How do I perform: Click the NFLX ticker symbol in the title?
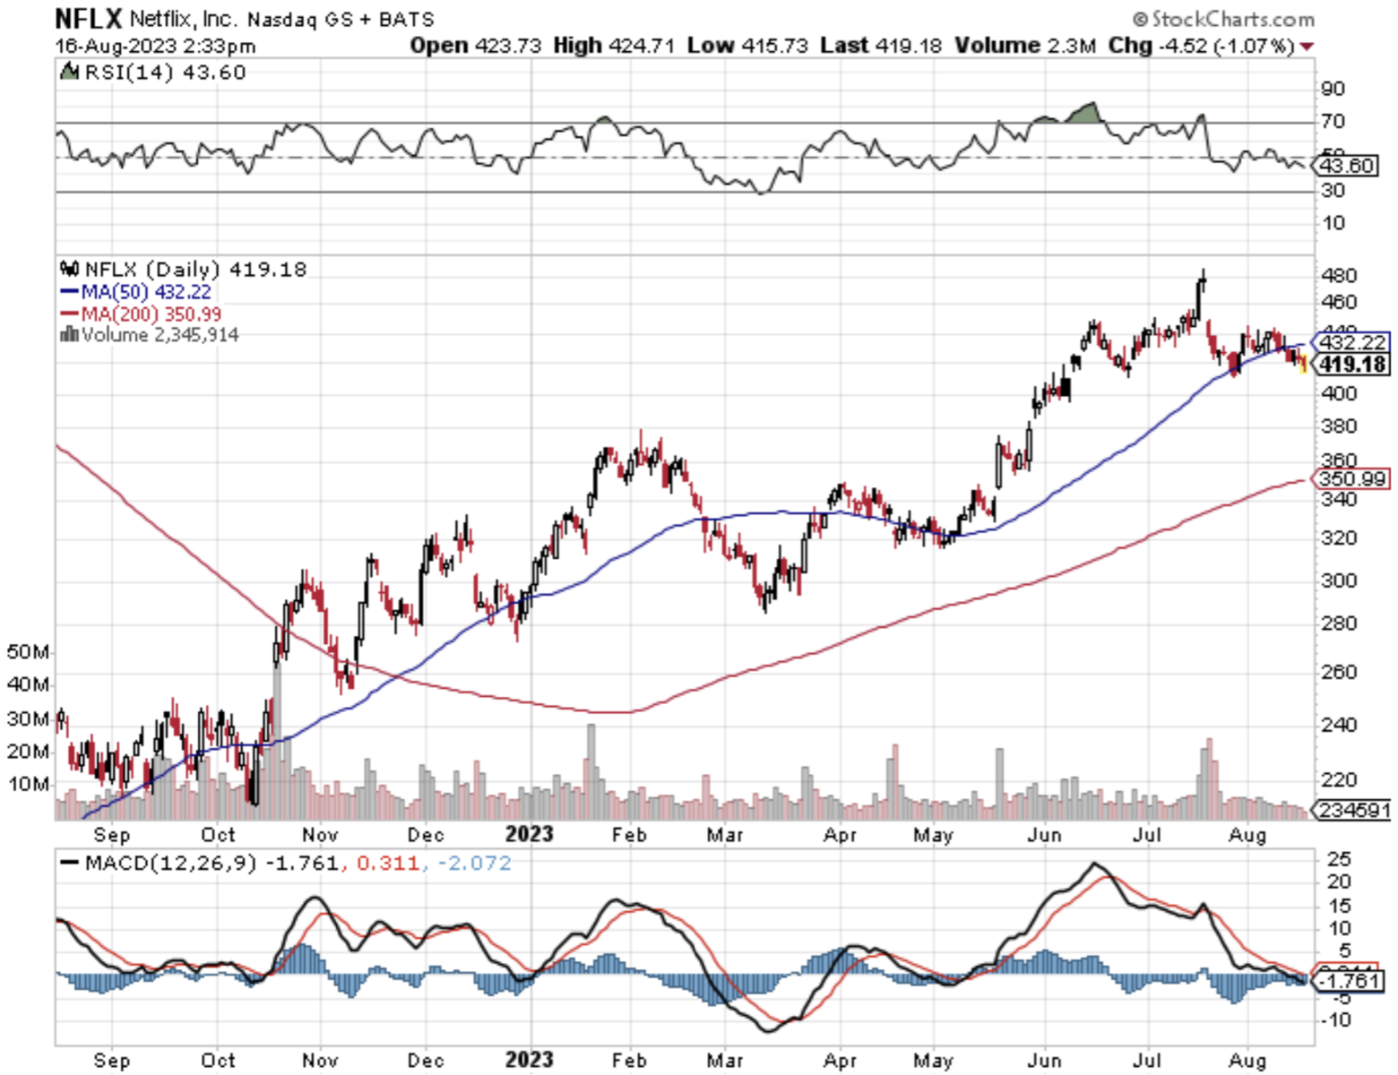click(x=88, y=18)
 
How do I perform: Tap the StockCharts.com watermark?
click(x=1223, y=19)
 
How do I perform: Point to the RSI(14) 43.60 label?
click(x=164, y=73)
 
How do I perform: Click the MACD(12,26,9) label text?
click(x=169, y=864)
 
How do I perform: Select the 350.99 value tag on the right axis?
click(x=1352, y=479)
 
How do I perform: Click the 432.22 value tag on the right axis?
click(x=1352, y=342)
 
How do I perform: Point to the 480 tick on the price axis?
click(x=1339, y=276)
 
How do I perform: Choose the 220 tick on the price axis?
click(x=1339, y=779)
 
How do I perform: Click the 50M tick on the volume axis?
click(x=28, y=652)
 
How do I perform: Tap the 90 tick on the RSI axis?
click(x=1333, y=89)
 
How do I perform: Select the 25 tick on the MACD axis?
click(x=1339, y=859)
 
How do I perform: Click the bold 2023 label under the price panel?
click(x=529, y=835)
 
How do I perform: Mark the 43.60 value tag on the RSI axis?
click(x=1348, y=166)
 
